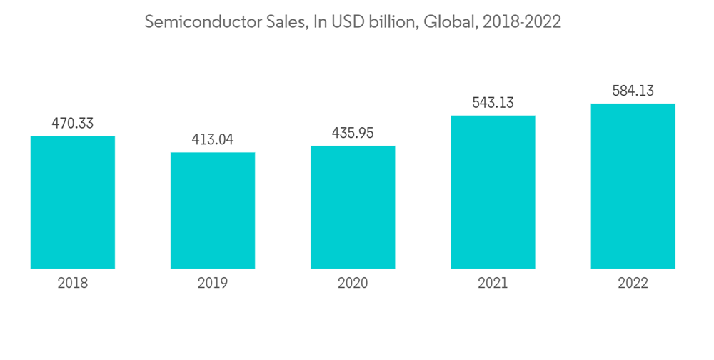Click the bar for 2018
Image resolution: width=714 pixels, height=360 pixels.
coord(73,202)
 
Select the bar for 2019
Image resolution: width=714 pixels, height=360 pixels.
coord(213,210)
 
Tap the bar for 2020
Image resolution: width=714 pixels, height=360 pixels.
coord(353,207)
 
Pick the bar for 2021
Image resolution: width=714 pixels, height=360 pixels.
coord(493,192)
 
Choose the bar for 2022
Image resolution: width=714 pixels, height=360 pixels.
coord(633,186)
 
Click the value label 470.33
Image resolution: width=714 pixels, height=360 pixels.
coord(73,124)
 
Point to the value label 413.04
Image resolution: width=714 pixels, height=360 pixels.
coord(213,139)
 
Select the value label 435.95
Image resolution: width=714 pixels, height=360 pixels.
coord(353,134)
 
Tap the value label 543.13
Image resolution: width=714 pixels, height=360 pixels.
coord(493,103)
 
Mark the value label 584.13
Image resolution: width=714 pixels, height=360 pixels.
coord(633,91)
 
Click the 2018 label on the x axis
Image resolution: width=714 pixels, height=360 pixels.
coord(73,284)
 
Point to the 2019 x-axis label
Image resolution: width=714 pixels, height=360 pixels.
coord(213,284)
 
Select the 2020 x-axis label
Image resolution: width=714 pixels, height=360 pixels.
coord(353,284)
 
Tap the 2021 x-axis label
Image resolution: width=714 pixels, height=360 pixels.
coord(493,284)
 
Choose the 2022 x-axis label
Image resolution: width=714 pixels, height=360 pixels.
coord(633,284)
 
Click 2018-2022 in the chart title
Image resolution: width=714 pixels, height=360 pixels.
coord(521,22)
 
